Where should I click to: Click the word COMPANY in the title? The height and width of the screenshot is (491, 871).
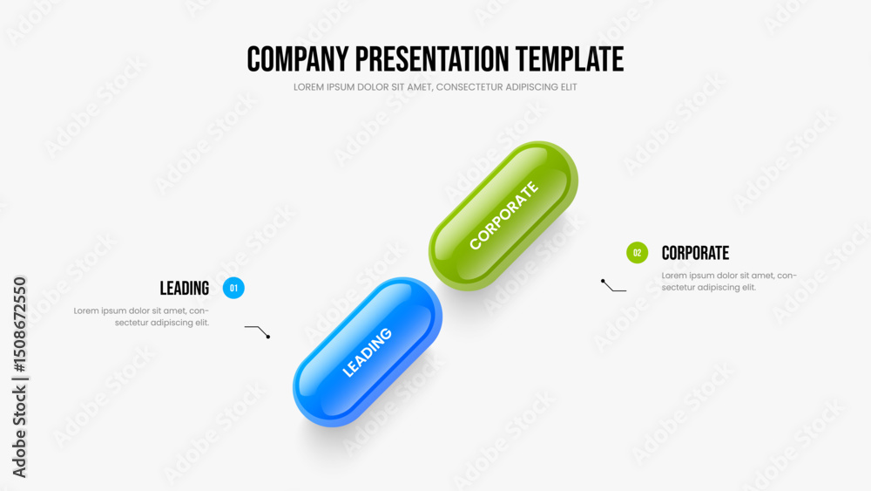click(x=298, y=59)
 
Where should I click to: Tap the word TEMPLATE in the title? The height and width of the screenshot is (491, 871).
click(x=570, y=59)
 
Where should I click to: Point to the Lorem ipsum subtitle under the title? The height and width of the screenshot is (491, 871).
click(x=435, y=87)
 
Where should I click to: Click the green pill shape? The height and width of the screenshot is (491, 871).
click(x=503, y=215)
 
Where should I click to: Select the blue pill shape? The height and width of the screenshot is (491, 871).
click(x=368, y=352)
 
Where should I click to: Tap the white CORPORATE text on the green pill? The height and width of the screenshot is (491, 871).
click(x=503, y=215)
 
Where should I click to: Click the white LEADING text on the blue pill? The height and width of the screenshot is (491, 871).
click(x=368, y=352)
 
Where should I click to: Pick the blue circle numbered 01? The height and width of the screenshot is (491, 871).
click(x=233, y=288)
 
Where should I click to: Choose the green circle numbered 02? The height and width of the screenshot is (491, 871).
click(x=638, y=253)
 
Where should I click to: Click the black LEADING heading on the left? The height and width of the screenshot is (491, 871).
click(x=185, y=288)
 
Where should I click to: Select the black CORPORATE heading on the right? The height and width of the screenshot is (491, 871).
click(x=695, y=253)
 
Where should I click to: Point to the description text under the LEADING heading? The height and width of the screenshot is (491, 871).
click(x=141, y=317)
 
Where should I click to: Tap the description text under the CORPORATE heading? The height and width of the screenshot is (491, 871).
click(x=729, y=282)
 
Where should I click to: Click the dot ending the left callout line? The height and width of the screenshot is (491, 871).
click(x=268, y=337)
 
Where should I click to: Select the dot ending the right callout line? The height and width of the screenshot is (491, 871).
click(x=603, y=282)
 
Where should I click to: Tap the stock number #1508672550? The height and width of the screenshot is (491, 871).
click(x=19, y=324)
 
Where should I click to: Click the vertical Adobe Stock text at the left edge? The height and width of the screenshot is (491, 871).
click(x=19, y=432)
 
